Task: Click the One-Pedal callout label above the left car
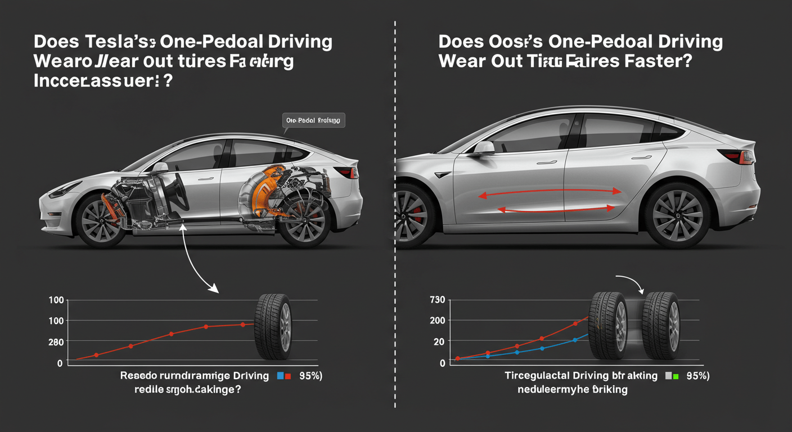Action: coord(313,120)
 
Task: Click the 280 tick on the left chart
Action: coord(56,342)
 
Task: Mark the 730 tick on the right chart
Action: coord(437,300)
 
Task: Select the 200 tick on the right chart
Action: coord(438,321)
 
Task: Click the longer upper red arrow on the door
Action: coord(549,193)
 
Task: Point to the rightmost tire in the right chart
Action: coord(661,326)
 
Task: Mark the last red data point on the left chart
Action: coord(242,325)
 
